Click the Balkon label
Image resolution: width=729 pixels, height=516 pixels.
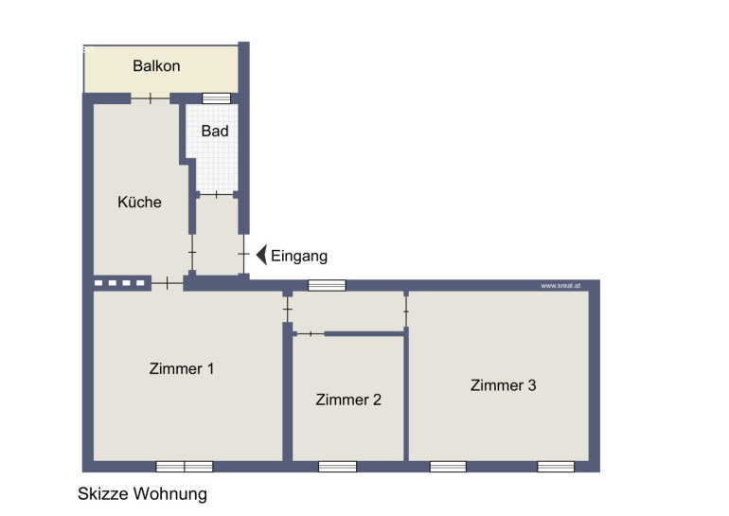click(x=156, y=66)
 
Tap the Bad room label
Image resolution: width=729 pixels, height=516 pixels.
click(x=215, y=131)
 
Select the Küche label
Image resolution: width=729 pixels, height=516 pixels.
click(x=139, y=202)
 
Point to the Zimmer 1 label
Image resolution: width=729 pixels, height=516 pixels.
click(x=182, y=368)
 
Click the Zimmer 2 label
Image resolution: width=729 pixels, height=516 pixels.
click(x=348, y=400)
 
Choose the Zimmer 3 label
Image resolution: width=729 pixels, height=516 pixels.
click(x=503, y=385)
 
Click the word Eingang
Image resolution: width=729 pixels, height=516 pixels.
click(x=299, y=257)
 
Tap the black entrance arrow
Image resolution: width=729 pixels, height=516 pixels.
click(x=261, y=255)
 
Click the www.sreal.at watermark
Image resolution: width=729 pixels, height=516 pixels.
click(x=560, y=285)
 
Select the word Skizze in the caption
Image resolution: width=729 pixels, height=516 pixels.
click(x=103, y=493)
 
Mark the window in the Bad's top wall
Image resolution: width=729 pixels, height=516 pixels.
click(x=216, y=98)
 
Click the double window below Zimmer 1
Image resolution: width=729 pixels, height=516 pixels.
click(x=184, y=466)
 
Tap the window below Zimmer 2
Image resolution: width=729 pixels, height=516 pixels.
click(x=337, y=466)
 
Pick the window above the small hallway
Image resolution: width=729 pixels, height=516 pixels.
click(x=327, y=285)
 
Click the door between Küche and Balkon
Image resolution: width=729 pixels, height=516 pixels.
click(x=151, y=98)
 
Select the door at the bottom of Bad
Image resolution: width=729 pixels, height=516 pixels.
click(x=217, y=194)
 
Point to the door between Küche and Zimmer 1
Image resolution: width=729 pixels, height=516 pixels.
click(x=168, y=283)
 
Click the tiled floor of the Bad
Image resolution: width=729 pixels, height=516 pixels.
click(x=217, y=163)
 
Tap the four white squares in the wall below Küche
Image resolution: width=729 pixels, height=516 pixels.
click(x=119, y=283)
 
